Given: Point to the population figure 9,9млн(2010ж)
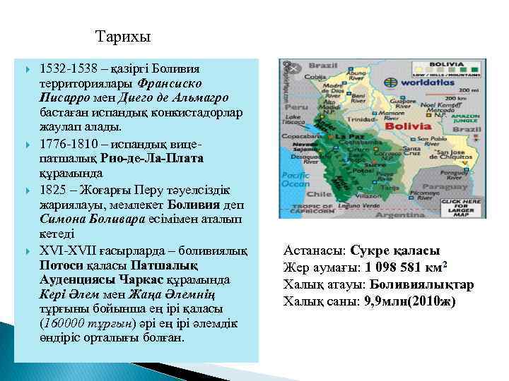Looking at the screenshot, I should [x=414, y=301].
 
